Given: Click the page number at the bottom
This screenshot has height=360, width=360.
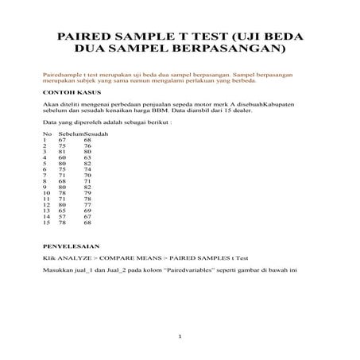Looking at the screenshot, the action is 180,337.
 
